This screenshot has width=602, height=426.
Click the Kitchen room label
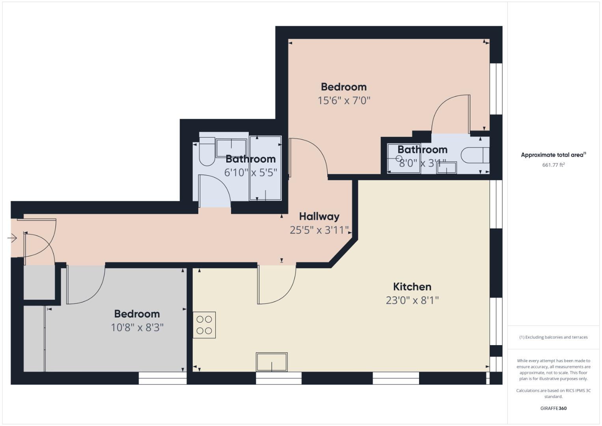[x=412, y=287]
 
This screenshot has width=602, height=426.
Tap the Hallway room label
[x=319, y=217]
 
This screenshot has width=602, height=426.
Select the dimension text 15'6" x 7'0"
[x=344, y=101]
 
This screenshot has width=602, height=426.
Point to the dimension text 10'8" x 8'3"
[x=137, y=327]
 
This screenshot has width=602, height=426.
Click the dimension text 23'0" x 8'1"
[x=412, y=300]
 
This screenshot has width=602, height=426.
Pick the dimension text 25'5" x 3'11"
[x=319, y=230]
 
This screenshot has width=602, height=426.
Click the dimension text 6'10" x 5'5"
[x=250, y=172]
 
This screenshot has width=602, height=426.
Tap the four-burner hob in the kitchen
[x=204, y=325]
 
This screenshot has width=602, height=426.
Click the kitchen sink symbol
[x=272, y=362]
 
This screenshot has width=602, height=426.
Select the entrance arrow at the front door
[x=12, y=238]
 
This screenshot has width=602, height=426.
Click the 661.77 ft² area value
[x=554, y=165]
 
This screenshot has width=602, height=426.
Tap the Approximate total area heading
[x=554, y=155]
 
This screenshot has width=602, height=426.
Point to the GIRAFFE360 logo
[x=554, y=408]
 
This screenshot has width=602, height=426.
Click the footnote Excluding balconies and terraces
[x=554, y=337]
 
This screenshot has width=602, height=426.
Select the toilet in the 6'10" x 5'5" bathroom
[x=207, y=151]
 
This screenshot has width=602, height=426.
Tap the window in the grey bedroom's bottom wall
[x=162, y=378]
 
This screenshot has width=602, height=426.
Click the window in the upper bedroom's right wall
[x=496, y=89]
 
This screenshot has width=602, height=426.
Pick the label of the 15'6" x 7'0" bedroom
[x=344, y=87]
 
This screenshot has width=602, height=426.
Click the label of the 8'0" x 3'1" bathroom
[x=423, y=149]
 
